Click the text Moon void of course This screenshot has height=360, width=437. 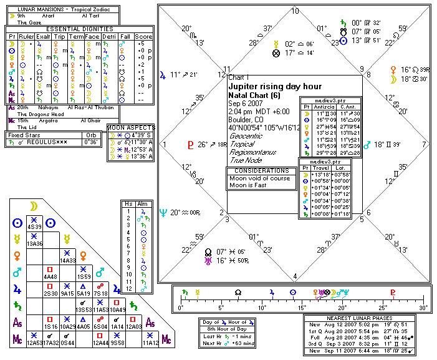point(255,178)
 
